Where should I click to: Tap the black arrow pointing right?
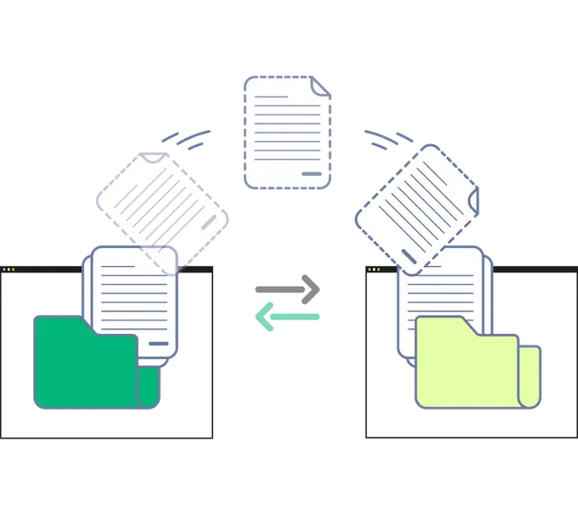[x=289, y=290]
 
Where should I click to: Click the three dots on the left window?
[x=10, y=270]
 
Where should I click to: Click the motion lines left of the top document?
[x=188, y=138]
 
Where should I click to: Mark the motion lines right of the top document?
[x=387, y=139]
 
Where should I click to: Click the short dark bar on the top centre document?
[x=312, y=173]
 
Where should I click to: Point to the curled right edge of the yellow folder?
[x=531, y=374]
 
